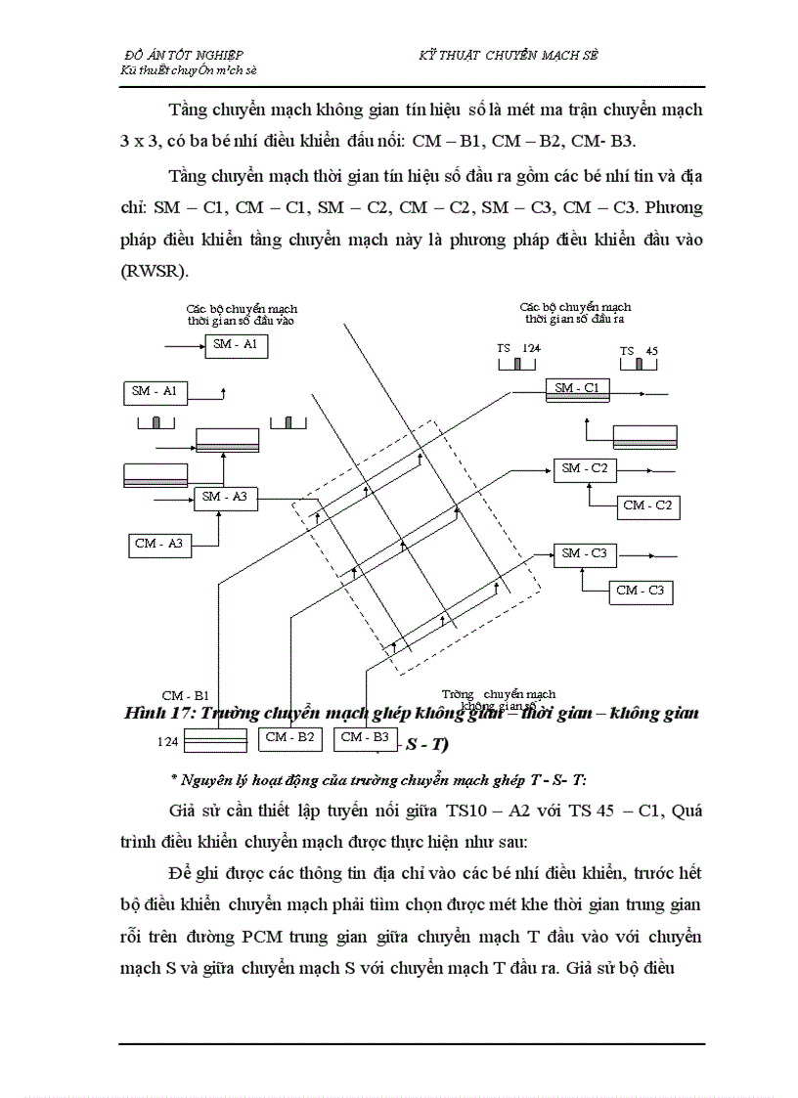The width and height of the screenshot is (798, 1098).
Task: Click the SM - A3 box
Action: [224, 497]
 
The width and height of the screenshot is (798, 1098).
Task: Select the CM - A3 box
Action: [158, 544]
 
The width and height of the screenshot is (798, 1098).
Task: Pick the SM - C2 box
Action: [585, 469]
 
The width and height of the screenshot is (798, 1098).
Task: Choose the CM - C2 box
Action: [647, 505]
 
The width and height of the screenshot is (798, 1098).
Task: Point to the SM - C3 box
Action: [585, 554]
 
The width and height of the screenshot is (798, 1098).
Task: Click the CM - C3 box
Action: [641, 591]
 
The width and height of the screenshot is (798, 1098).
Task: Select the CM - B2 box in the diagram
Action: [290, 738]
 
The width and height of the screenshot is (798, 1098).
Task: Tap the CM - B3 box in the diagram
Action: [366, 738]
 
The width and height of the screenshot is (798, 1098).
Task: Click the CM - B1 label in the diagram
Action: [186, 695]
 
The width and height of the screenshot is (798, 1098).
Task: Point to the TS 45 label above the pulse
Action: [638, 351]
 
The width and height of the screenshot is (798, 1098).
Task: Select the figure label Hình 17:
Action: [160, 714]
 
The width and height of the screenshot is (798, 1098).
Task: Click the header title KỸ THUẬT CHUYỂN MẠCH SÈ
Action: [508, 56]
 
